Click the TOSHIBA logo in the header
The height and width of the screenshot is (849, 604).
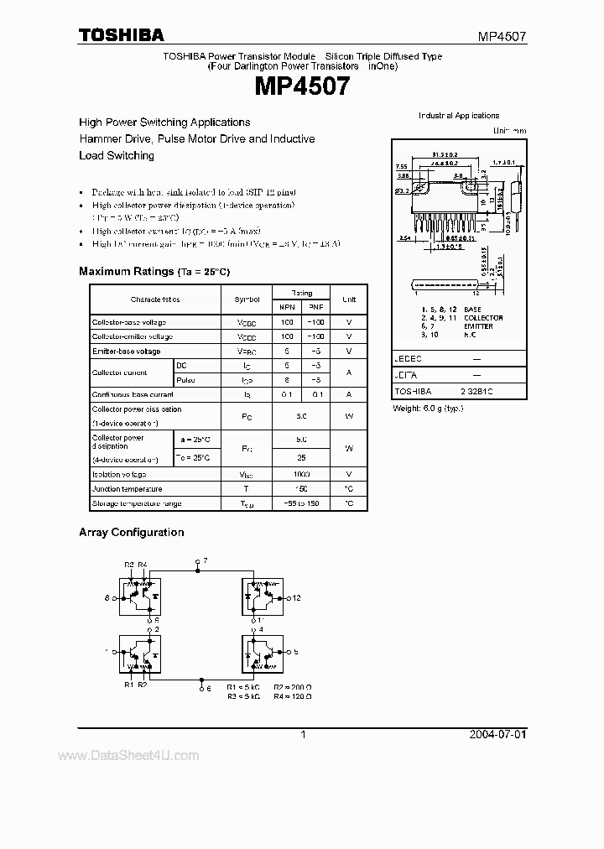pos(121,34)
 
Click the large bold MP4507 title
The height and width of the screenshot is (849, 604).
pos(302,85)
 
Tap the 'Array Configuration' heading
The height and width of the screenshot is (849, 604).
pos(131,532)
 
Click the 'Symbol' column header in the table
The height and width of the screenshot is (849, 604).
pos(247,299)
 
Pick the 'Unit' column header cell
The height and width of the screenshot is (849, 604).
pos(349,299)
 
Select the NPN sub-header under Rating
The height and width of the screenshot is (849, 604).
pos(287,307)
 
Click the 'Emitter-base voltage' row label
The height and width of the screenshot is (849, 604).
pos(127,352)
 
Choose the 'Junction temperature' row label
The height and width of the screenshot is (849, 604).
pos(128,488)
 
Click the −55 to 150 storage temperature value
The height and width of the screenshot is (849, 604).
pos(302,503)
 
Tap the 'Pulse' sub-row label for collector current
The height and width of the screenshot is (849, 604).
pos(185,380)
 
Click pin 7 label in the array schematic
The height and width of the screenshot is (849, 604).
pos(205,559)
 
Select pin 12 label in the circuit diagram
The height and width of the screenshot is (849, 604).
pos(295,598)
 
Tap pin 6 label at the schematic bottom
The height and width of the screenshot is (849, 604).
pos(208,688)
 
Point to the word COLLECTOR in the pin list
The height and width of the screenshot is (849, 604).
pos(483,318)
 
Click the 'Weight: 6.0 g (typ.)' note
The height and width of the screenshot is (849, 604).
pos(428,408)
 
